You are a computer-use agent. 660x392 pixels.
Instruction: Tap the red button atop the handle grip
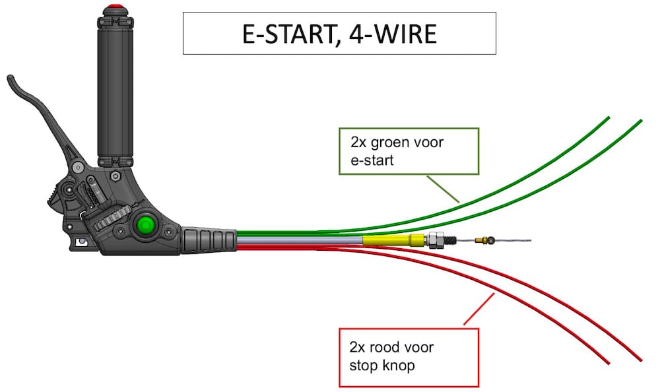point(117,7)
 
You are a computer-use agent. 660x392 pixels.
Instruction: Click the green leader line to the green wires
point(442,188)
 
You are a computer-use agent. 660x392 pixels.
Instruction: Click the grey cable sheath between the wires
point(297,242)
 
